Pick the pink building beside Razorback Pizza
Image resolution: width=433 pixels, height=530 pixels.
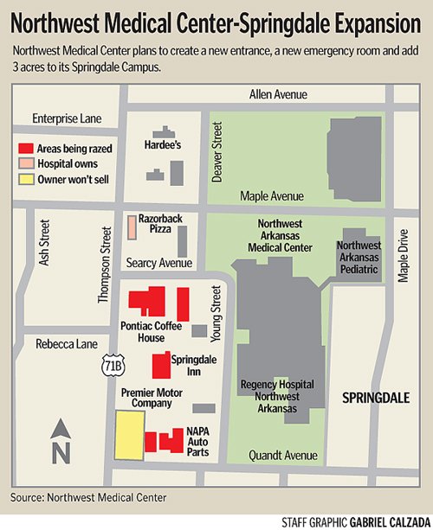point(132,227)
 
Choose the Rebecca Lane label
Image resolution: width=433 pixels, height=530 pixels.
point(66,343)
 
